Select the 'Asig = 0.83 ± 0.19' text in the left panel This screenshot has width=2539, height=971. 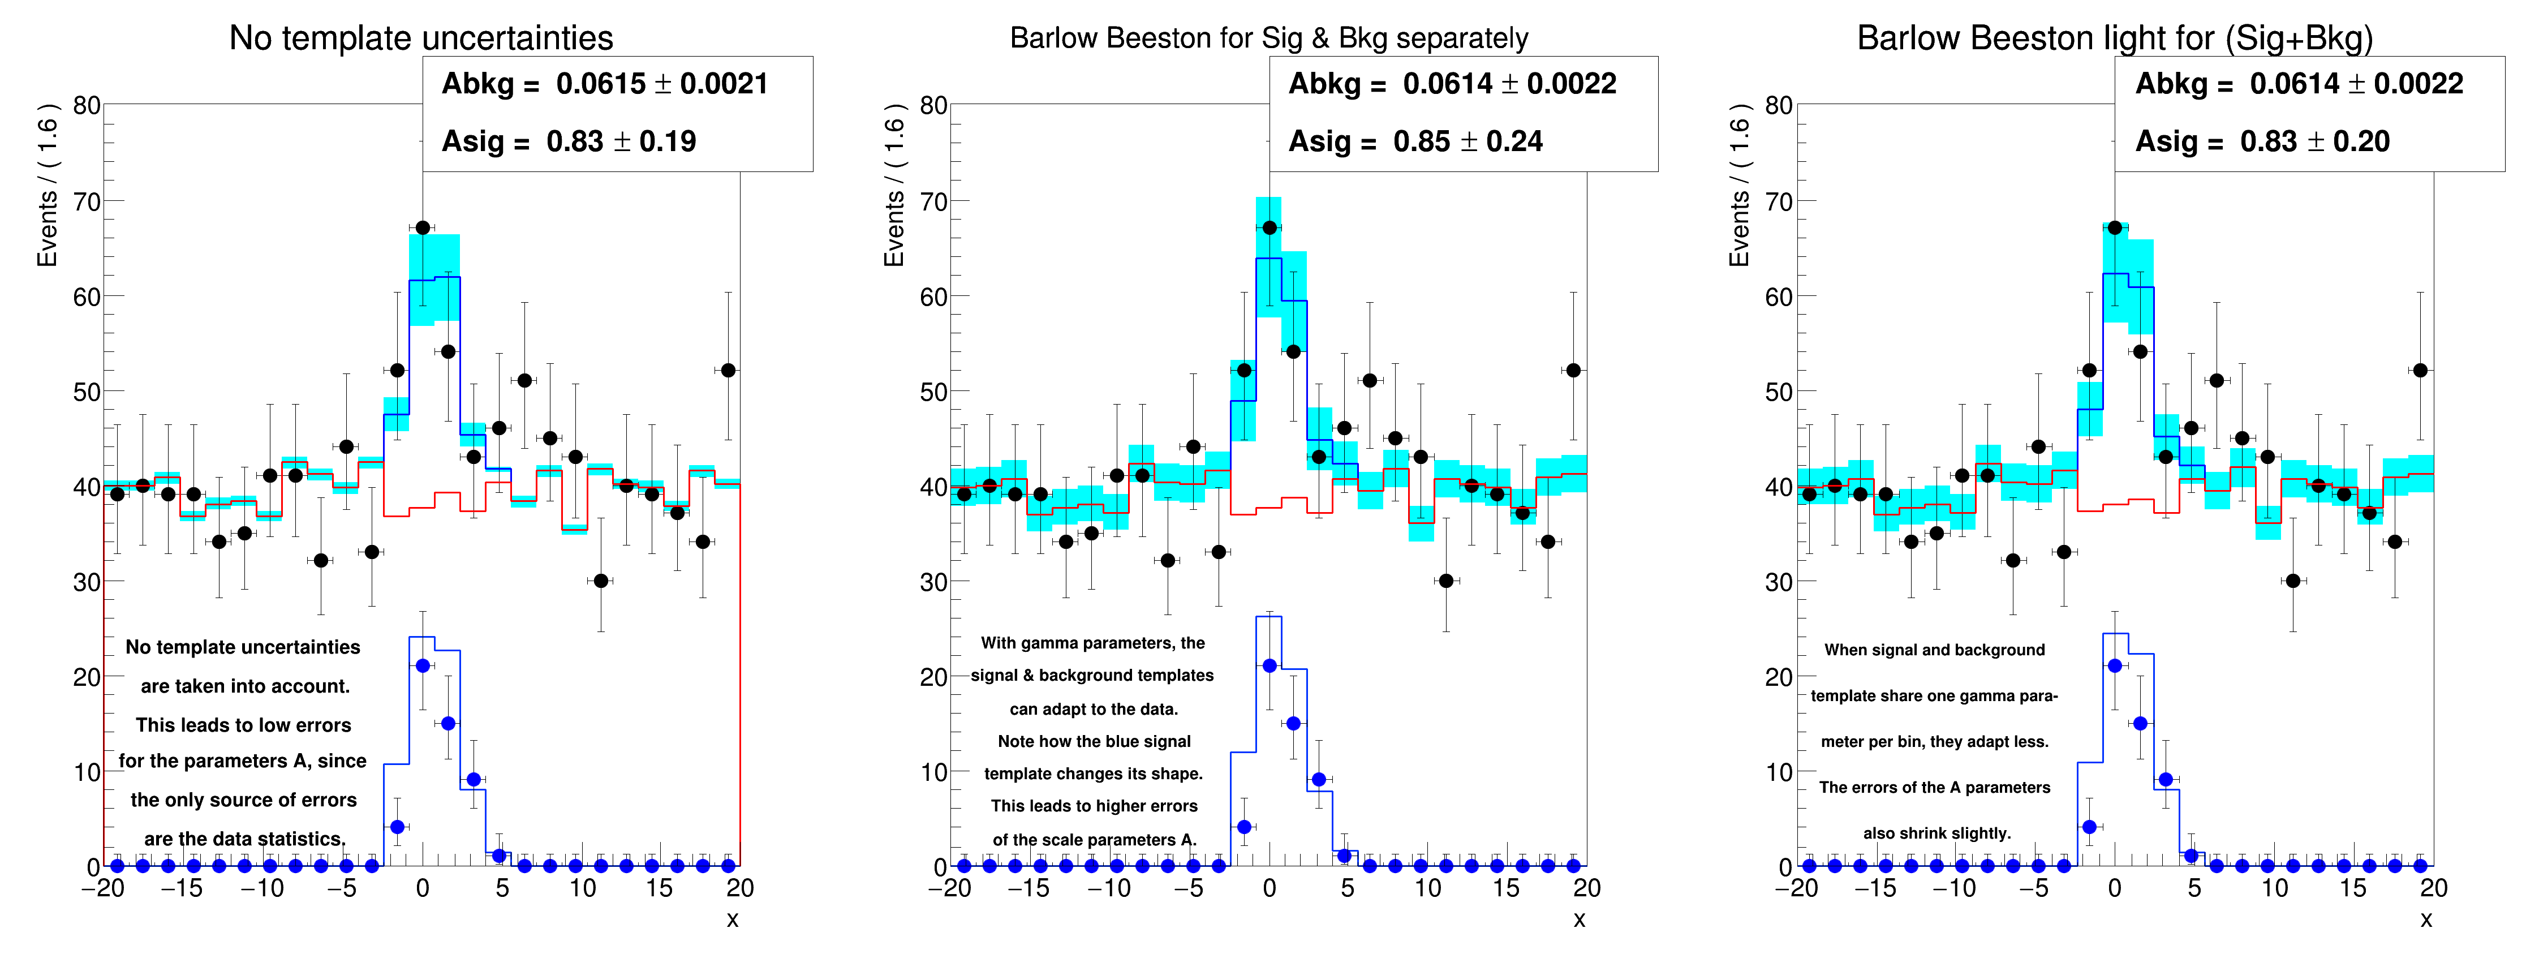(x=569, y=142)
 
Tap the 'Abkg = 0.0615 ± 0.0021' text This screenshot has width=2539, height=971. (x=604, y=84)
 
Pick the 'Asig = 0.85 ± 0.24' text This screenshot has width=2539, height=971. (x=1415, y=142)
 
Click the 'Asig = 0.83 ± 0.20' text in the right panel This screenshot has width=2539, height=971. (x=2262, y=142)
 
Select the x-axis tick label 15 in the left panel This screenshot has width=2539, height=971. (x=660, y=888)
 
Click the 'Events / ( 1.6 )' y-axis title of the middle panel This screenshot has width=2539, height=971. (x=894, y=186)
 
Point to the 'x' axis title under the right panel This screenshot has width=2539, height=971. (x=2426, y=919)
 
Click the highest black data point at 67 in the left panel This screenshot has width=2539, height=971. (x=423, y=227)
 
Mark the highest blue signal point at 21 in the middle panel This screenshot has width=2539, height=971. (x=1269, y=667)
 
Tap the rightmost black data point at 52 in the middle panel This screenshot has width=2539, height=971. (x=1573, y=371)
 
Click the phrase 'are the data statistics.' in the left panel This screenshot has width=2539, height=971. (x=244, y=839)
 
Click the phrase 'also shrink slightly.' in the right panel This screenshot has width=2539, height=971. (x=1936, y=833)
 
